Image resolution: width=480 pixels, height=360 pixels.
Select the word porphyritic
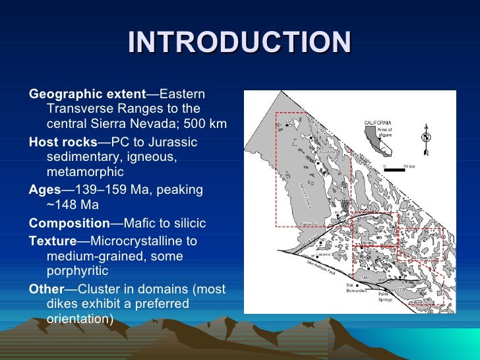click(78, 271)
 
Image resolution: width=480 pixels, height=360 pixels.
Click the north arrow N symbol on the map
click(426, 137)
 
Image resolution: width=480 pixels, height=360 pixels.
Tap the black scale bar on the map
click(394, 170)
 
